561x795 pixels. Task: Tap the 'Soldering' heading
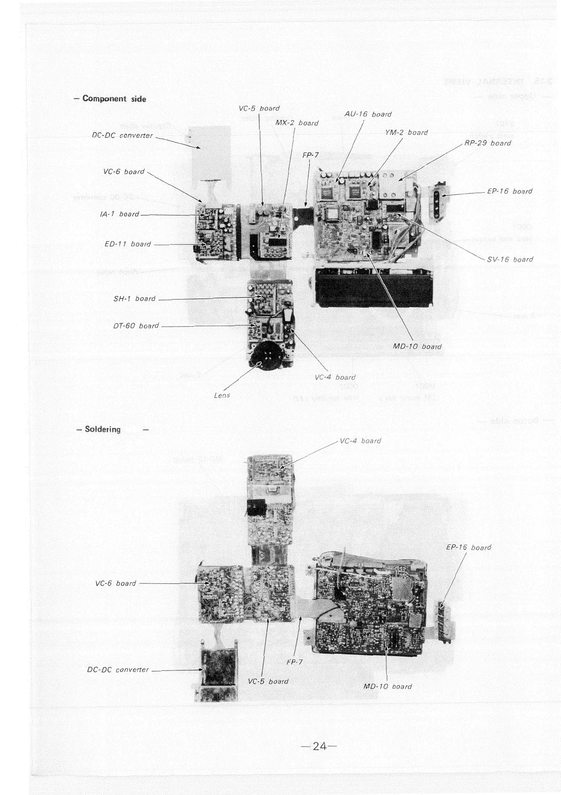pos(103,429)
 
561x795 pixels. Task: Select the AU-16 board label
pos(368,114)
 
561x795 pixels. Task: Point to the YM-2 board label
pos(406,133)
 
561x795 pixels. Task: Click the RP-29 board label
pos(487,143)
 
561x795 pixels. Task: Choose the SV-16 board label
pos(510,259)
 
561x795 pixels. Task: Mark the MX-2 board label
pos(297,123)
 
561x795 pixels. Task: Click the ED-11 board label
pos(128,244)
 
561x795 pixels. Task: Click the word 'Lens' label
pos(222,395)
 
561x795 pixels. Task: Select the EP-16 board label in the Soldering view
pos(468,547)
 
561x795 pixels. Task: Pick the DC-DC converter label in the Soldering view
pos(118,669)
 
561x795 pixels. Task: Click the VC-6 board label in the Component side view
pos(124,172)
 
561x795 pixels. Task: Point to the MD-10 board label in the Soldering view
pos(387,686)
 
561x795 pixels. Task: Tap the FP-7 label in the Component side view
pos(310,155)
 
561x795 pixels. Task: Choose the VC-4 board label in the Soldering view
pos(361,441)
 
